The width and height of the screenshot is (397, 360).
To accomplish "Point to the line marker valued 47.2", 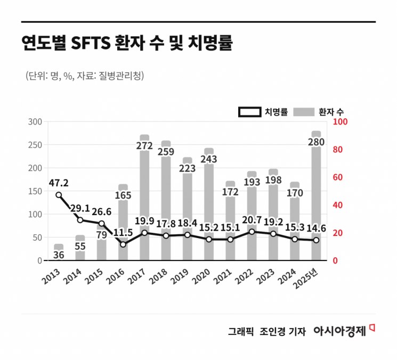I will [x=59, y=195].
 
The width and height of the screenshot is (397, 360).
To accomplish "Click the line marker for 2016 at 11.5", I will [x=123, y=244].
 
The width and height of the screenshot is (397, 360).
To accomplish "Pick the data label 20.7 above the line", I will [x=252, y=219].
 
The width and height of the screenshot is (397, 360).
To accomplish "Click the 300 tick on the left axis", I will [x=35, y=121].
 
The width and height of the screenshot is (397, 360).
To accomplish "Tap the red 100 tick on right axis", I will [x=339, y=121].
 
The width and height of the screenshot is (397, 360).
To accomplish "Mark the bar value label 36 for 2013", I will [x=59, y=255].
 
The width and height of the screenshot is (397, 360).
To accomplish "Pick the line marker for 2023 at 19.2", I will [x=273, y=234].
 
